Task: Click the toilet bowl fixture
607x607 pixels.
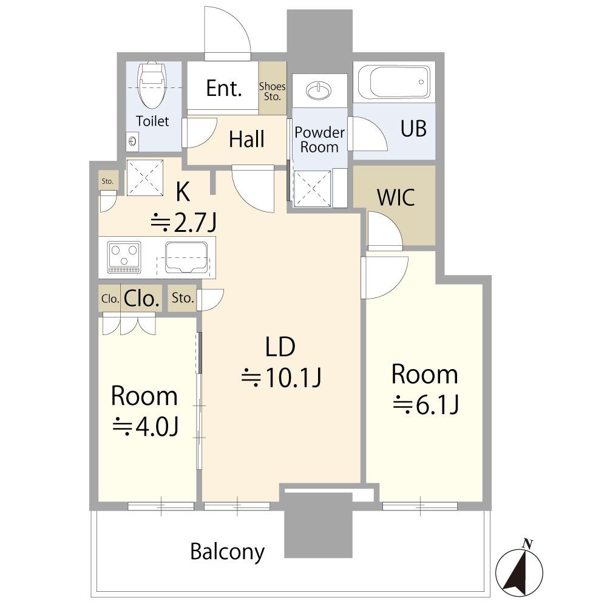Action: [152, 84]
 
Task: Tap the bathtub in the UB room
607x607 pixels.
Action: [394, 82]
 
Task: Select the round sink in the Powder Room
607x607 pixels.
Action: [319, 91]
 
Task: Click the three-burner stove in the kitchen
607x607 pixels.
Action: [124, 257]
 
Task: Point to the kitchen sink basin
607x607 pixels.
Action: [186, 257]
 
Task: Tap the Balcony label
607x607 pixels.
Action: [227, 552]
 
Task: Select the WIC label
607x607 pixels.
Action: [396, 197]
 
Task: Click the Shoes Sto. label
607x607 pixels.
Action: [272, 92]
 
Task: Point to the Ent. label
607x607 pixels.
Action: [224, 88]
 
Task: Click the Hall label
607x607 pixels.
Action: [246, 139]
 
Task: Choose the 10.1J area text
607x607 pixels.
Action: [282, 378]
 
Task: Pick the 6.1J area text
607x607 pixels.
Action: [426, 405]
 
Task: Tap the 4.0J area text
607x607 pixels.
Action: [146, 427]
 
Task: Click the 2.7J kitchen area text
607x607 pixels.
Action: [183, 223]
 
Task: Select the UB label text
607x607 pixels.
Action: [413, 129]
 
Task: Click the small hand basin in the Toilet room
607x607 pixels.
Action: [132, 141]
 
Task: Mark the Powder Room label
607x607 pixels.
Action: [319, 140]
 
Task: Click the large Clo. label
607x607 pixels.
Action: [141, 299]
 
